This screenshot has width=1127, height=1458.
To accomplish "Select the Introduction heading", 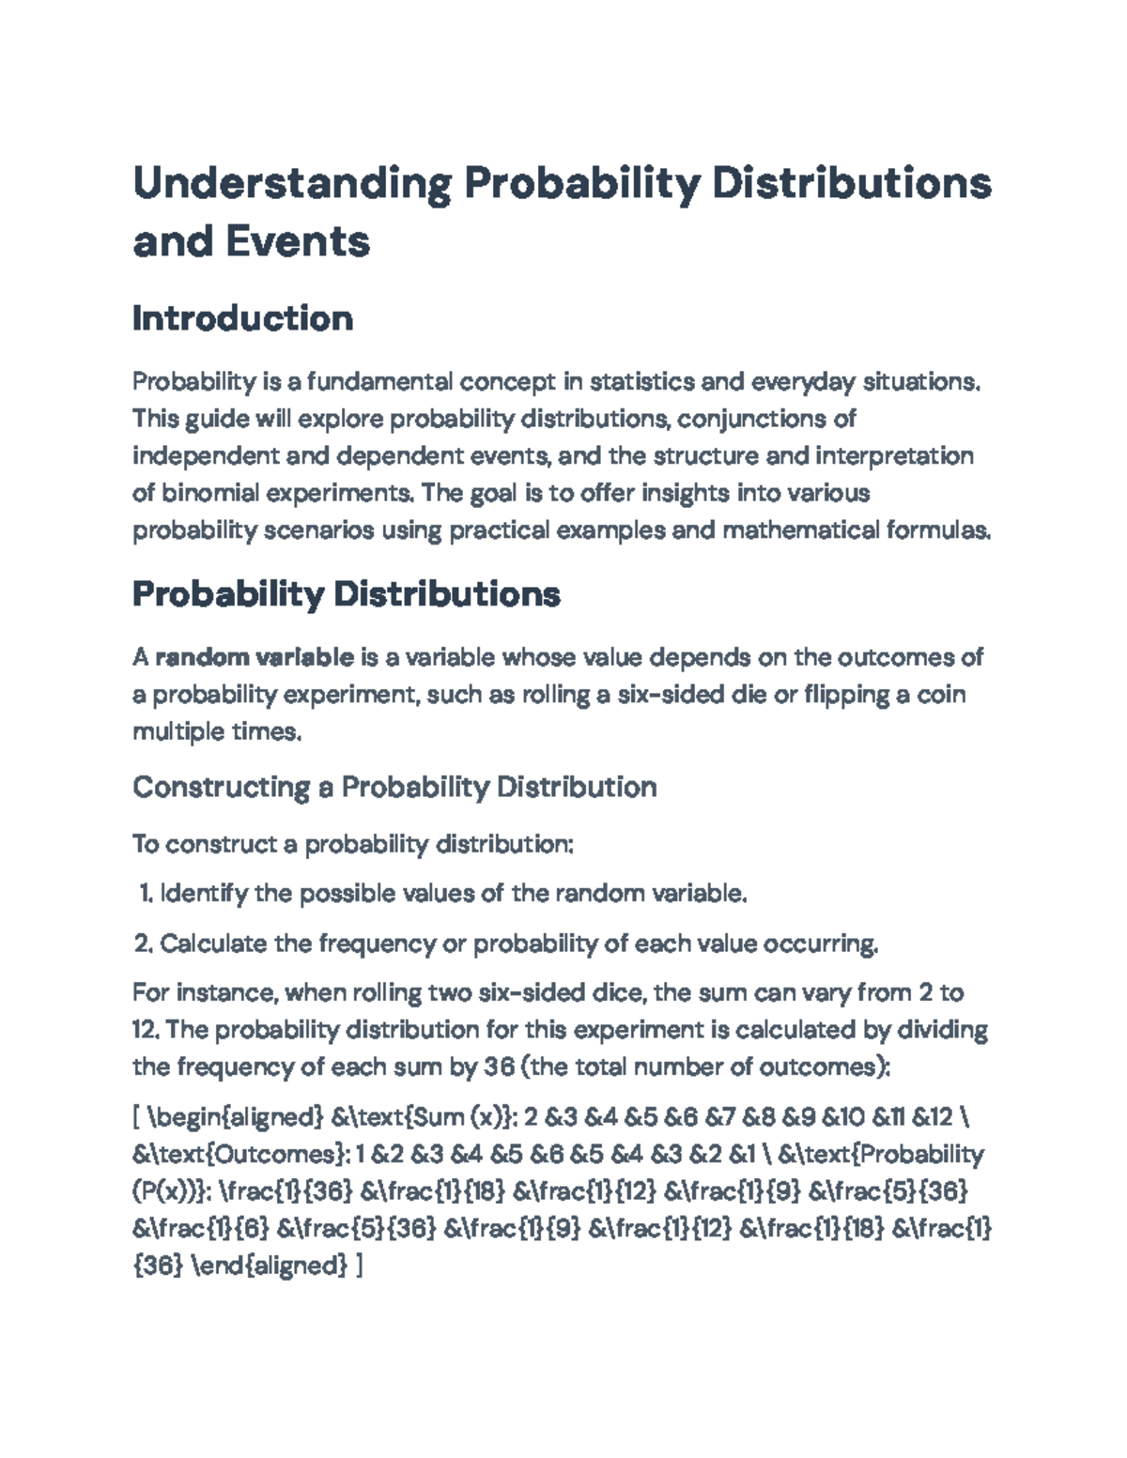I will (242, 318).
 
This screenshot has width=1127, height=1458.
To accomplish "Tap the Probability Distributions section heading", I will (347, 594).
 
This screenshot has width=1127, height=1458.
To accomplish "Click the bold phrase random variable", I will (255, 657).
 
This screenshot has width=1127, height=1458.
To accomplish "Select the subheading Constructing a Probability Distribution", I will (394, 787).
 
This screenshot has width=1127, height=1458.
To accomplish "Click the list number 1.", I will (145, 894).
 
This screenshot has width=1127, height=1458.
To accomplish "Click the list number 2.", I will (144, 944).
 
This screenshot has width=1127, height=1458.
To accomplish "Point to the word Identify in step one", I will (204, 894).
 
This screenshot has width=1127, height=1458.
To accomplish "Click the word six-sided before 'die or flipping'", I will (666, 696).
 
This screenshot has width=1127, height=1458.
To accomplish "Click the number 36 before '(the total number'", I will (499, 1067).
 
